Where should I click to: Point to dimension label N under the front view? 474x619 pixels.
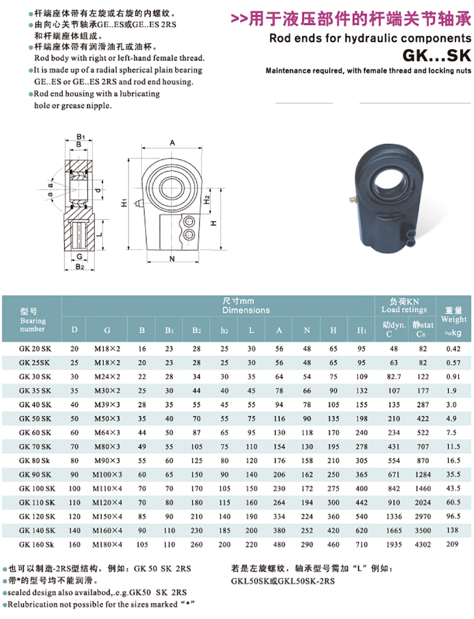coord(172,259)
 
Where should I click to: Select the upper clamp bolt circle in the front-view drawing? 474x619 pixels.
coord(189,222)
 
